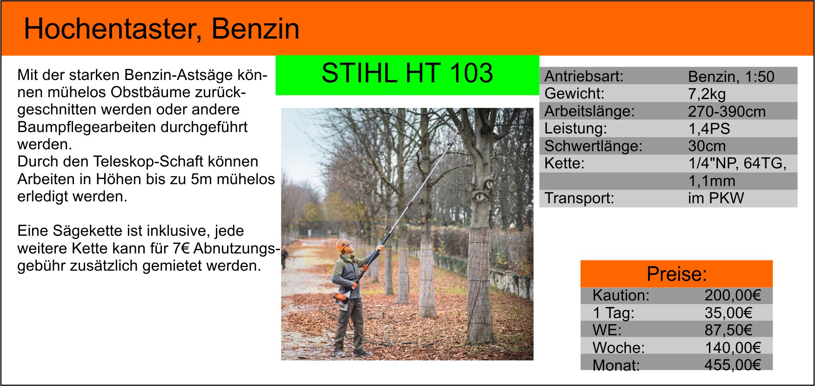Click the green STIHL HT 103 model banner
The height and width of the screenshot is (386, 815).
point(407,75)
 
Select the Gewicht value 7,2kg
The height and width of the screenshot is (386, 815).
point(707,94)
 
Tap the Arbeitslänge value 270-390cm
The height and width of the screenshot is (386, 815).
point(727,111)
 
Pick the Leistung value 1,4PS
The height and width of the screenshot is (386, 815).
point(709,128)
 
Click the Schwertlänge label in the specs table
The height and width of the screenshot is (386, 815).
point(593,146)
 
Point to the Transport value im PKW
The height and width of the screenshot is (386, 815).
point(715,198)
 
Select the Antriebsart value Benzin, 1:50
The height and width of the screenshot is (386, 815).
point(731,76)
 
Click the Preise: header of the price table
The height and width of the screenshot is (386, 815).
point(676,274)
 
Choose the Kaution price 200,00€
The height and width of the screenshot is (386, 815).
point(732,295)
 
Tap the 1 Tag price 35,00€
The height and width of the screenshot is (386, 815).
point(728,313)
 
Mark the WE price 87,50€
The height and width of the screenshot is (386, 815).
point(728,330)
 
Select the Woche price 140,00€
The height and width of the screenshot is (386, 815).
point(732,347)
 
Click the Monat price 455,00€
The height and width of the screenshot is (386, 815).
point(732,365)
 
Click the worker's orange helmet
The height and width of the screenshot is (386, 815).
point(343,244)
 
